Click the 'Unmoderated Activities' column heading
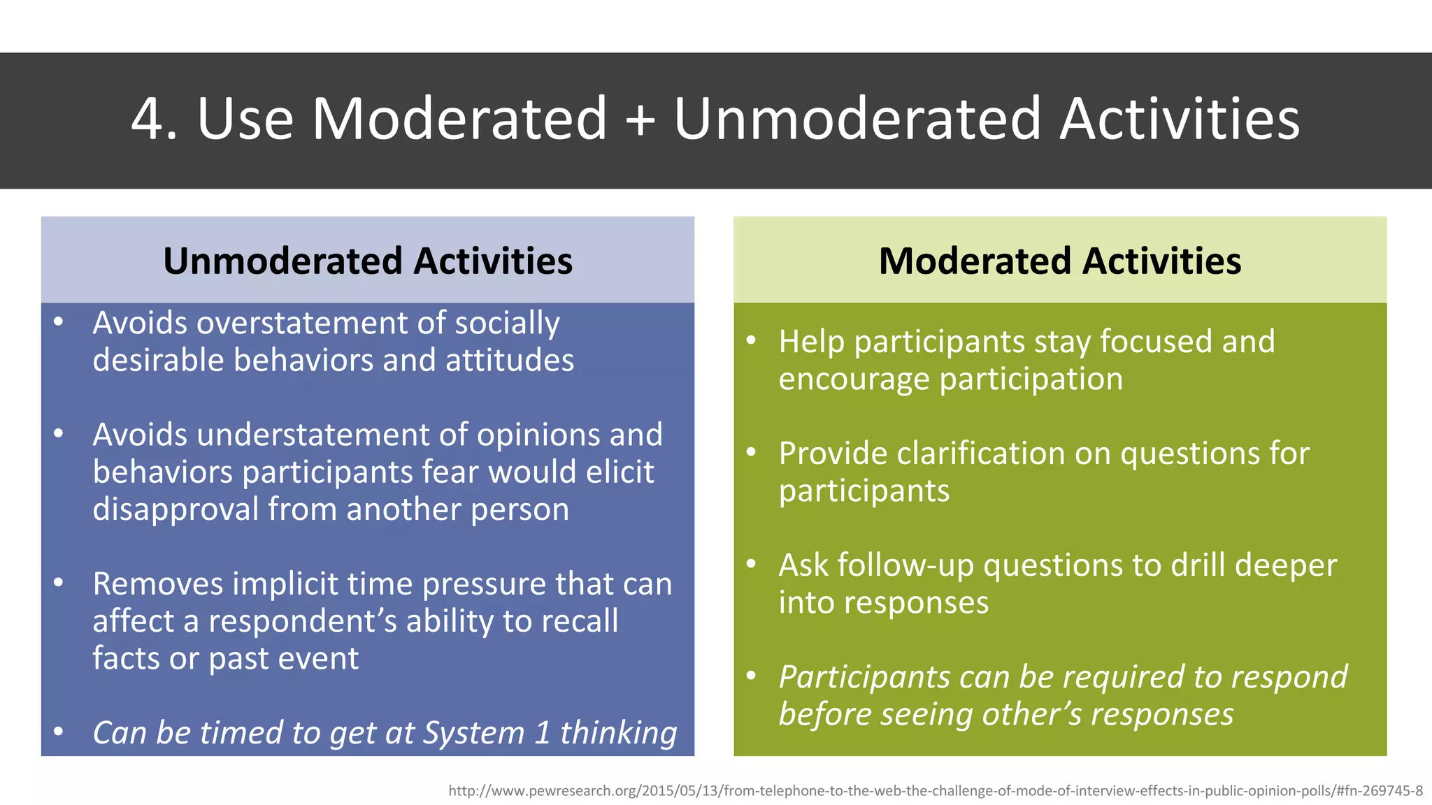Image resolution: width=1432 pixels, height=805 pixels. [x=368, y=261]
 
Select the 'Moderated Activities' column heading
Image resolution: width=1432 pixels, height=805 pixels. [x=1060, y=261]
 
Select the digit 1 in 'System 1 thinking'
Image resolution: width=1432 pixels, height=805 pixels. [x=543, y=733]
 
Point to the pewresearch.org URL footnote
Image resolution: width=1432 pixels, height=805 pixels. [x=935, y=791]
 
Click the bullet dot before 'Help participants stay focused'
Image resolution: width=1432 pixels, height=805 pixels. [x=751, y=341]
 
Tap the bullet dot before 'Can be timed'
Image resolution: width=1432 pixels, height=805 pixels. [x=59, y=732]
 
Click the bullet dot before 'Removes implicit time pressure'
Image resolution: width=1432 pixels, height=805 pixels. [x=59, y=582]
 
